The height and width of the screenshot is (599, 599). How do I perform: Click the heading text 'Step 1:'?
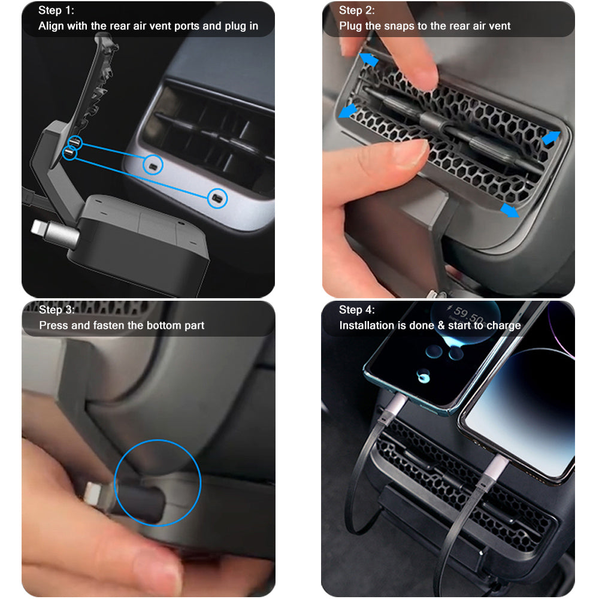point(56,10)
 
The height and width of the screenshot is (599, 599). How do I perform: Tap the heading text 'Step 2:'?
point(357,10)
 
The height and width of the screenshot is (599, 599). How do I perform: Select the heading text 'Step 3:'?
point(57,310)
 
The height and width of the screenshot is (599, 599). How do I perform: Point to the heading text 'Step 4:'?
point(357,310)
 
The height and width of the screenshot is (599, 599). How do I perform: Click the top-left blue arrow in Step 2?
point(368,59)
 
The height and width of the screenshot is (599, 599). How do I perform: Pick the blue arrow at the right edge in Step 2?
point(550,138)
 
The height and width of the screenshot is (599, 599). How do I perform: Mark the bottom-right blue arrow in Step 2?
point(510,210)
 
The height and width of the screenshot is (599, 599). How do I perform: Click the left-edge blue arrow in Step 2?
point(347,111)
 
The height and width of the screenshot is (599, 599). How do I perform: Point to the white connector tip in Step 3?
point(92,495)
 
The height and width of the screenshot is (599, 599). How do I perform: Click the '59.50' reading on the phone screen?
point(469,314)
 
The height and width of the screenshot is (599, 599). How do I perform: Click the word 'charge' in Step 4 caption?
point(503,326)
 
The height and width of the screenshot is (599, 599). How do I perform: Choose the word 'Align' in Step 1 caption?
point(51,26)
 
